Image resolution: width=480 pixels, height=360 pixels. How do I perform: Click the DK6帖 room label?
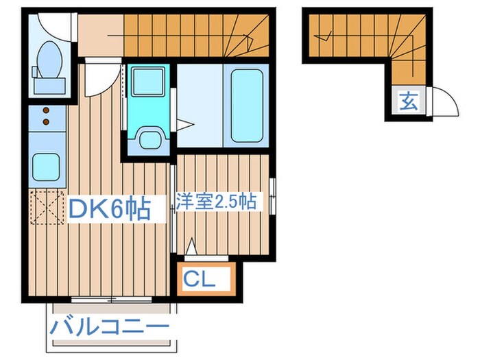pos(109,208)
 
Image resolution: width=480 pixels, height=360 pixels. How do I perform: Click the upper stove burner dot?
pos(46,110)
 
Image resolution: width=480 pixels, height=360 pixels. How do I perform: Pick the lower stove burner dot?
pos(46,121)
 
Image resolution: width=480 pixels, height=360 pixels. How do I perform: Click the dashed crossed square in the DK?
pos(45,206)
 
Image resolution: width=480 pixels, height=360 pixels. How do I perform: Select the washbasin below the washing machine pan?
pos(147,138)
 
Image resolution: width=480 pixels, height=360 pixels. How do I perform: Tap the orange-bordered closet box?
pos(205,278)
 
